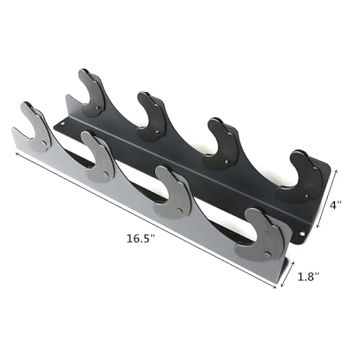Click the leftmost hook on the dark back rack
[x=92, y=92]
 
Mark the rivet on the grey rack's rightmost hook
[x=269, y=255]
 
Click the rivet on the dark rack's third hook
[x=230, y=162]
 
